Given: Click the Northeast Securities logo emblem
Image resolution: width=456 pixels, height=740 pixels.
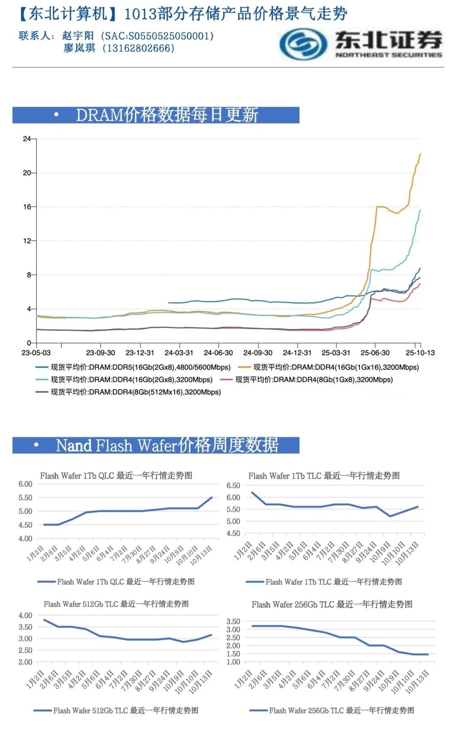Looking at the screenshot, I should (x=303, y=44).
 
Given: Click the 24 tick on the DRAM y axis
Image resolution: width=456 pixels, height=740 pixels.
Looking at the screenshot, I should (x=27, y=139).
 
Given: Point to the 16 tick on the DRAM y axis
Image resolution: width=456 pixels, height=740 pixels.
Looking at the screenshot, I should (x=27, y=207).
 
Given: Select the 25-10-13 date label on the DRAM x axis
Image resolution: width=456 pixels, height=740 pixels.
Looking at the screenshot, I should (x=420, y=353).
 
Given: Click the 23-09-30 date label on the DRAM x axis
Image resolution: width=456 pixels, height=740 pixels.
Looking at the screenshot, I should (x=101, y=353).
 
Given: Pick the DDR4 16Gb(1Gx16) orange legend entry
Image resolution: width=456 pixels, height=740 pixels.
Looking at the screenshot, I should (x=336, y=367).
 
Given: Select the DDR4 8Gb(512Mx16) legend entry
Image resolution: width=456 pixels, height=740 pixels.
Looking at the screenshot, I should (x=136, y=392).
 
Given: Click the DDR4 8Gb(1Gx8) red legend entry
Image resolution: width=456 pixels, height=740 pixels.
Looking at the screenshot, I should (x=314, y=380).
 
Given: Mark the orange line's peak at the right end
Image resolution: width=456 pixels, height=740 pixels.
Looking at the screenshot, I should (x=420, y=155).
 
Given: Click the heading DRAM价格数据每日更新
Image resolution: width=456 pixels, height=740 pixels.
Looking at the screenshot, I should (x=167, y=115).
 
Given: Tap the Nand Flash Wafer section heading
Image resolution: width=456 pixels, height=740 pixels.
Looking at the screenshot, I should (x=167, y=445).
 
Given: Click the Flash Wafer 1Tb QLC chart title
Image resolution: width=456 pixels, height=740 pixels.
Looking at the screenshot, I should (x=116, y=476).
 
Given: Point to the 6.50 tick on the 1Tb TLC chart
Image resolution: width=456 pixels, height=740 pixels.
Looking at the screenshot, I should (x=233, y=486).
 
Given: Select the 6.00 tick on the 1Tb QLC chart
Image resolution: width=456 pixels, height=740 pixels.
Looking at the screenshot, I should (x=25, y=484).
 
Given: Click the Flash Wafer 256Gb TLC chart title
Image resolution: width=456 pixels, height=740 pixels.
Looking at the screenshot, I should (x=332, y=604).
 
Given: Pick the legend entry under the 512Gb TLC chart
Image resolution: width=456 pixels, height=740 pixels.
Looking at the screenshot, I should (x=126, y=710).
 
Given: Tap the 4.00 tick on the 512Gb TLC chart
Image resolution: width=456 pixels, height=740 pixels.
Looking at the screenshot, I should (x=25, y=615).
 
